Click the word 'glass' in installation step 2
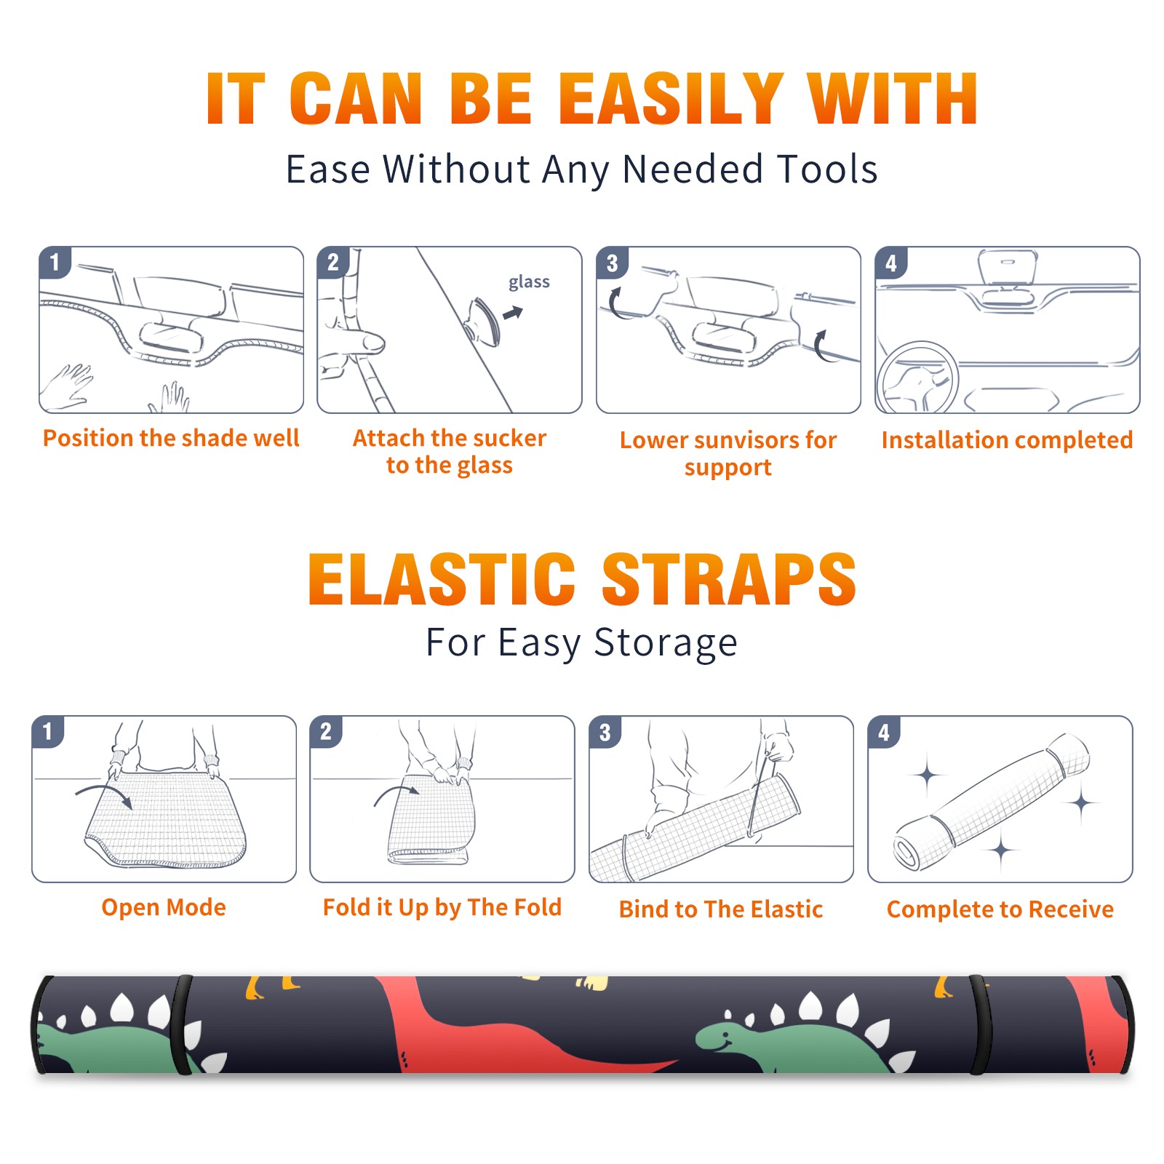click(529, 282)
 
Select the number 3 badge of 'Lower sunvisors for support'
click(612, 263)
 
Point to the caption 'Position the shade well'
click(171, 438)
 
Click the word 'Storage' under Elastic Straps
click(666, 643)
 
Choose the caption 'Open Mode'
click(164, 907)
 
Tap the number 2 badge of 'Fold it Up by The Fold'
click(326, 732)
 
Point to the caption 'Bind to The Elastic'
click(721, 909)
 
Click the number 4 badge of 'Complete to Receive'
click(884, 732)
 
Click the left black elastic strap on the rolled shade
click(181, 1025)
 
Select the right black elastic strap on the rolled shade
click(979, 1025)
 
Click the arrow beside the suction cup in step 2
click(514, 313)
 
